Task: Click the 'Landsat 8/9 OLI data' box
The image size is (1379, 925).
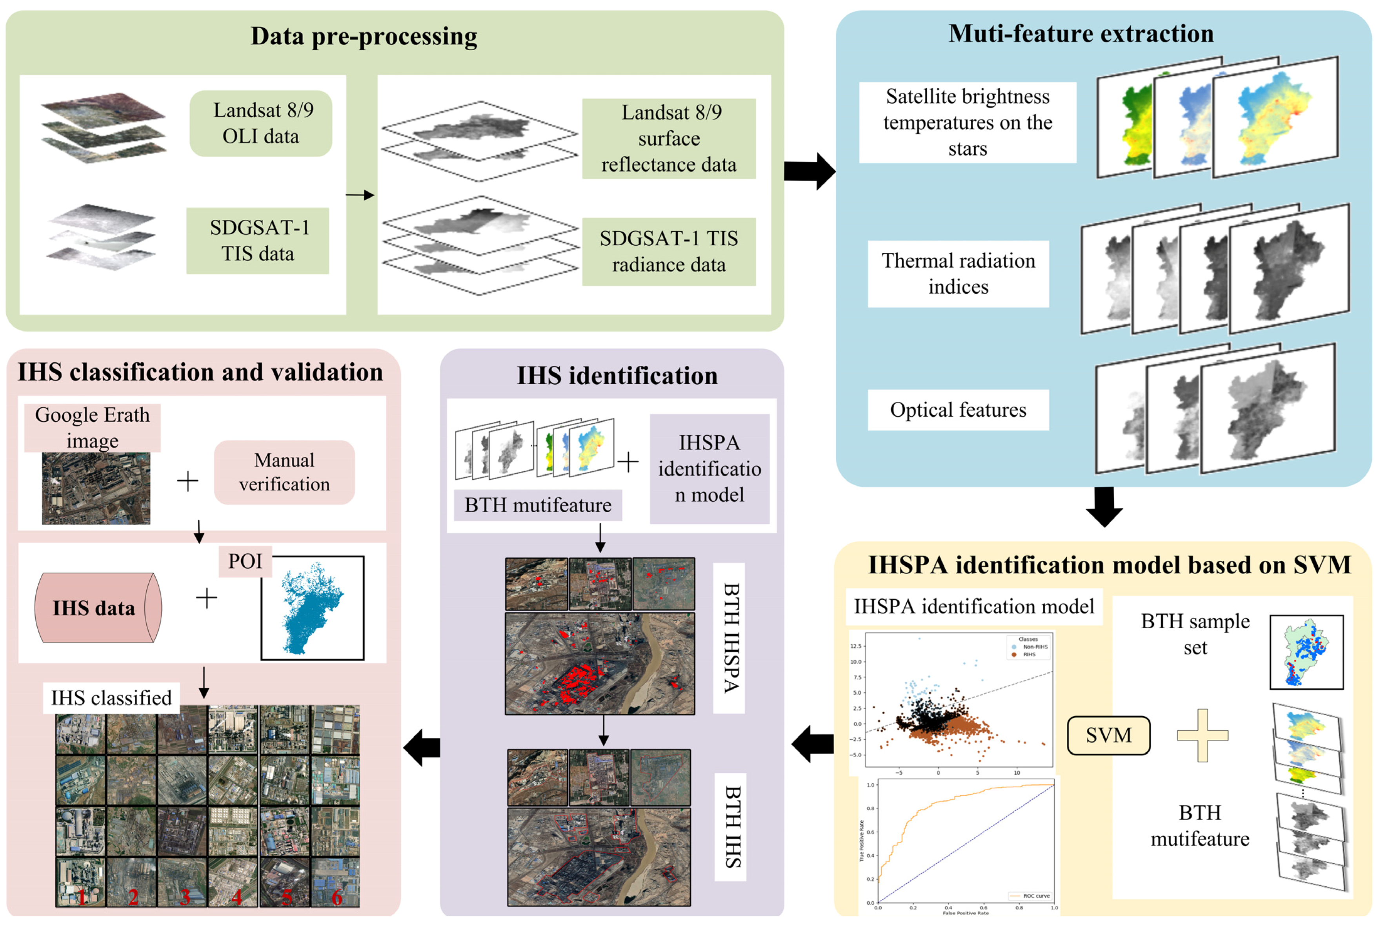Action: coord(260,123)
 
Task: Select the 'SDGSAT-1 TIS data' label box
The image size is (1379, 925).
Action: coord(258,241)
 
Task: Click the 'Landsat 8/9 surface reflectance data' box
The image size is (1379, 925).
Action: coord(669,139)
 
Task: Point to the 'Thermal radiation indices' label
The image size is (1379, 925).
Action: coord(958,274)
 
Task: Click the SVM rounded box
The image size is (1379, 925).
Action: coord(1108,735)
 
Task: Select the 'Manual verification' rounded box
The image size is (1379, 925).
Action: coord(284,473)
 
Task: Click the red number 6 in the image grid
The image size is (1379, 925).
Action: coord(337,897)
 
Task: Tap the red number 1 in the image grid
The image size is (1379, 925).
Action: coord(81,897)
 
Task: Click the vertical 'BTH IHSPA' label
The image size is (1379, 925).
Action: coord(730,638)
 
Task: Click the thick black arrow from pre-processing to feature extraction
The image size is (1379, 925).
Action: coord(809,171)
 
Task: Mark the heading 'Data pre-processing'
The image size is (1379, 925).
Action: coord(364,36)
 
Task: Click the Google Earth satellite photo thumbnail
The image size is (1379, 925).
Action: coord(96,489)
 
